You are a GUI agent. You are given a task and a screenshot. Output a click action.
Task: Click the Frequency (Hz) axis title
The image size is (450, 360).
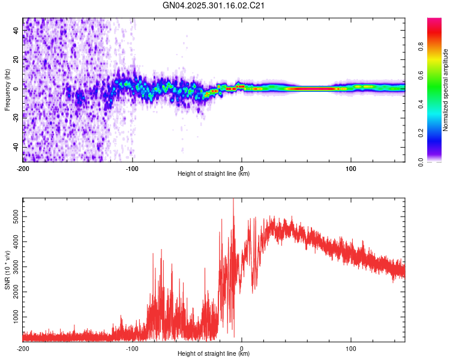(7, 89)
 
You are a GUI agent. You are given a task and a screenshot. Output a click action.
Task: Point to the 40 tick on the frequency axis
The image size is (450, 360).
(17, 30)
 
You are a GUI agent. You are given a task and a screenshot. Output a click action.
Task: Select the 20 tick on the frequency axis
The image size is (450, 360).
(17, 59)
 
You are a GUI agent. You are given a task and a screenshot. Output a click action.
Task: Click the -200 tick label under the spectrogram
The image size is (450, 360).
(23, 169)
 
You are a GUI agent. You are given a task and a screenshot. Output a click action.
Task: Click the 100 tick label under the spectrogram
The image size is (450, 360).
(351, 169)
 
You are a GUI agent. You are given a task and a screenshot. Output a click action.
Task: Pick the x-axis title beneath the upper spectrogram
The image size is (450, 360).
(214, 174)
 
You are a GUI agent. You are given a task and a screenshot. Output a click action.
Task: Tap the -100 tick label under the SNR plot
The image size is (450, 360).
(132, 348)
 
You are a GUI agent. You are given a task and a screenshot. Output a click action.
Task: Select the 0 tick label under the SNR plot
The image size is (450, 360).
(242, 348)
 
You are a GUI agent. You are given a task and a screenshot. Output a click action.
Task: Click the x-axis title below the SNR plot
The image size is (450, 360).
(214, 354)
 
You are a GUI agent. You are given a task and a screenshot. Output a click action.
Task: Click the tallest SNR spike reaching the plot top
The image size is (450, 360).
(233, 201)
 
